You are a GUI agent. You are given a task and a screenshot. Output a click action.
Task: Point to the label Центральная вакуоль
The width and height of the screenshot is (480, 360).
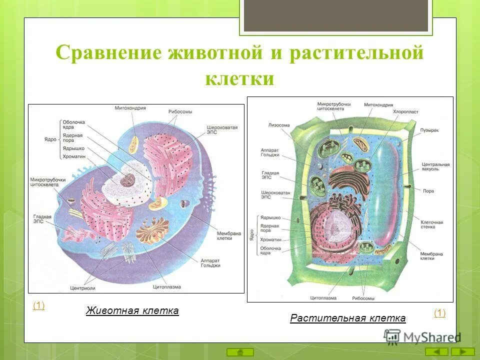(x=435, y=166)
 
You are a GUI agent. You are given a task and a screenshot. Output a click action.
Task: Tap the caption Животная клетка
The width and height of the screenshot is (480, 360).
(x=132, y=310)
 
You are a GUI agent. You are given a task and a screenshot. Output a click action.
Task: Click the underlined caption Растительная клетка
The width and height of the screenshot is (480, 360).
(x=347, y=318)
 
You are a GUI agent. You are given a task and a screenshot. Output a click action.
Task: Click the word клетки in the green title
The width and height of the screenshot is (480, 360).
(x=239, y=78)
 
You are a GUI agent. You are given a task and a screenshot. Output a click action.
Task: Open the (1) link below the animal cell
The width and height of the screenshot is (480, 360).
(x=38, y=305)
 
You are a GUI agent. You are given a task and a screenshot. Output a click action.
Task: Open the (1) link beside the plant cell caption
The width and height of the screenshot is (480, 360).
(x=439, y=313)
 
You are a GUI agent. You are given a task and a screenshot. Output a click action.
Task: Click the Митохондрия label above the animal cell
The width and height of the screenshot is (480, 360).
(x=130, y=108)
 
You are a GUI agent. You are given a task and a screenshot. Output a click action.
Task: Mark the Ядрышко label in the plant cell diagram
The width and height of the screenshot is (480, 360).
(x=270, y=218)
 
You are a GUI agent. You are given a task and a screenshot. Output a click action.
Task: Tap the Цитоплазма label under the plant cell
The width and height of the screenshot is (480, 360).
(x=322, y=298)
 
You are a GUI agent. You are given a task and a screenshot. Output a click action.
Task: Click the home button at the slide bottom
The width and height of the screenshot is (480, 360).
(x=240, y=351)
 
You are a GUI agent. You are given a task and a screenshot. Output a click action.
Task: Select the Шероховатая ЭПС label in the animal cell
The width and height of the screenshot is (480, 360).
(x=221, y=130)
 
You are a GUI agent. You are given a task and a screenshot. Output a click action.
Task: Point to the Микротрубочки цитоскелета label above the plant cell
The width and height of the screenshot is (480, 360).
(x=333, y=106)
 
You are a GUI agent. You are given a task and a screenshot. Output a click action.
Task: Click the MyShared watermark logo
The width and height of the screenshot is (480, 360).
(x=422, y=336)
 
